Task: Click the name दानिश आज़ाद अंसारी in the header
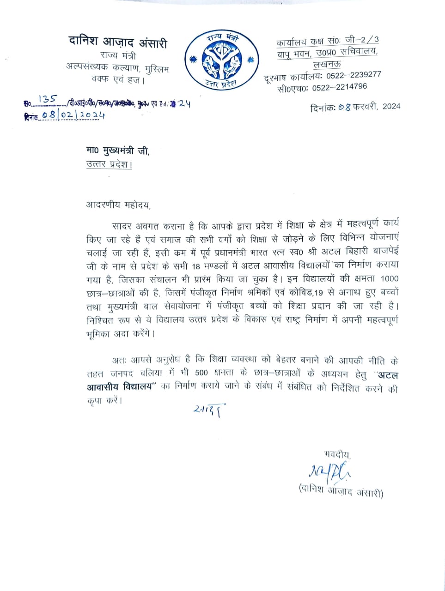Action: pyautogui.click(x=118, y=42)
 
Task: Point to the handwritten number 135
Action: pyautogui.click(x=48, y=99)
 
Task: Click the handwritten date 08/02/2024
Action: pyautogui.click(x=73, y=115)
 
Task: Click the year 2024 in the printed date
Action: pyautogui.click(x=391, y=106)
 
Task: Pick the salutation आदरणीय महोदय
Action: pyautogui.click(x=118, y=205)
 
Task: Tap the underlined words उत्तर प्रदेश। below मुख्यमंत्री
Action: pyautogui.click(x=109, y=164)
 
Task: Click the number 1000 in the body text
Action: pyautogui.click(x=389, y=279)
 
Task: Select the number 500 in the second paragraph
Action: pyautogui.click(x=201, y=374)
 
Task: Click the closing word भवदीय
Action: pyautogui.click(x=337, y=454)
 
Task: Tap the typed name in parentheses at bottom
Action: pyautogui.click(x=341, y=492)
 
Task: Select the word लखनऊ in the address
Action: pyautogui.click(x=328, y=64)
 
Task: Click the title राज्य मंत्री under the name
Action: pyautogui.click(x=118, y=56)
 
